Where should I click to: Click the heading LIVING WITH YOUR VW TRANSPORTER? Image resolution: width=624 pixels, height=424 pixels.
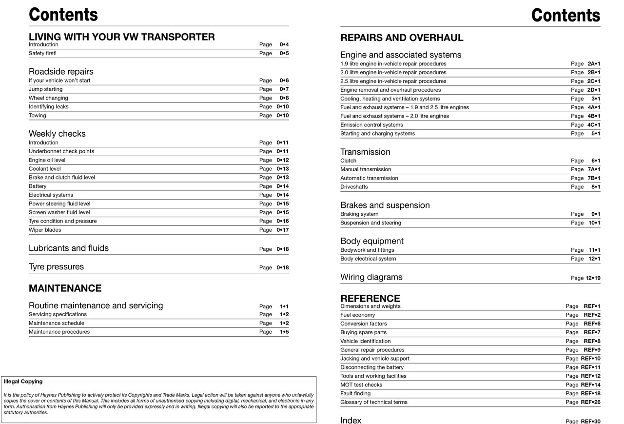tap(121, 37)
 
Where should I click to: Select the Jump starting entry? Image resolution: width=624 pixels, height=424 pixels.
tap(45, 89)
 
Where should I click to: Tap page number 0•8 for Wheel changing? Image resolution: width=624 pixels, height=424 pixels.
tap(284, 98)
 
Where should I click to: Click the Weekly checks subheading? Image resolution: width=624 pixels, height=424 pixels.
tap(57, 134)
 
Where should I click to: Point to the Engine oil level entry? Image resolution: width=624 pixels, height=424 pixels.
tap(47, 160)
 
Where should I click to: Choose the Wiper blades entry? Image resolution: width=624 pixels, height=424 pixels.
tap(45, 230)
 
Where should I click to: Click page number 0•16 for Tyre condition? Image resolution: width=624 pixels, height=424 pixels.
tap(282, 221)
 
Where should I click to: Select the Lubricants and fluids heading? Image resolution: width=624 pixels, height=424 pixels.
tap(69, 248)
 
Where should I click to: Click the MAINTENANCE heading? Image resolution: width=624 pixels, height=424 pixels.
tap(65, 288)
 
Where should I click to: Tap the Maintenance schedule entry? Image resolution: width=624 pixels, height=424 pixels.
tap(56, 323)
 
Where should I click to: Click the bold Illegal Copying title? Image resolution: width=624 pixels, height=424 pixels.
tap(23, 382)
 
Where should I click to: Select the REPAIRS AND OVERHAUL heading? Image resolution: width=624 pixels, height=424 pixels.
tap(402, 38)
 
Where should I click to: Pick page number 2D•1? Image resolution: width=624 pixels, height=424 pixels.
tap(593, 90)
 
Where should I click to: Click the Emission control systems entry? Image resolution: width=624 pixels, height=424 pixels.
tap(371, 125)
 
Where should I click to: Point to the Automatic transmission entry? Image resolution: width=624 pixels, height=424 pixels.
tap(369, 178)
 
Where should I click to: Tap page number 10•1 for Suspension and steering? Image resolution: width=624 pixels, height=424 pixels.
tap(594, 223)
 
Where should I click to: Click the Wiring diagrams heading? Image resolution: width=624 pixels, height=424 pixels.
tap(371, 277)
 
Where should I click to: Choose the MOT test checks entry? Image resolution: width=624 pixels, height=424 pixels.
tap(361, 385)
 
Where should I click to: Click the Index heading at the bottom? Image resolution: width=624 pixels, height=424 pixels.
tap(351, 420)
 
